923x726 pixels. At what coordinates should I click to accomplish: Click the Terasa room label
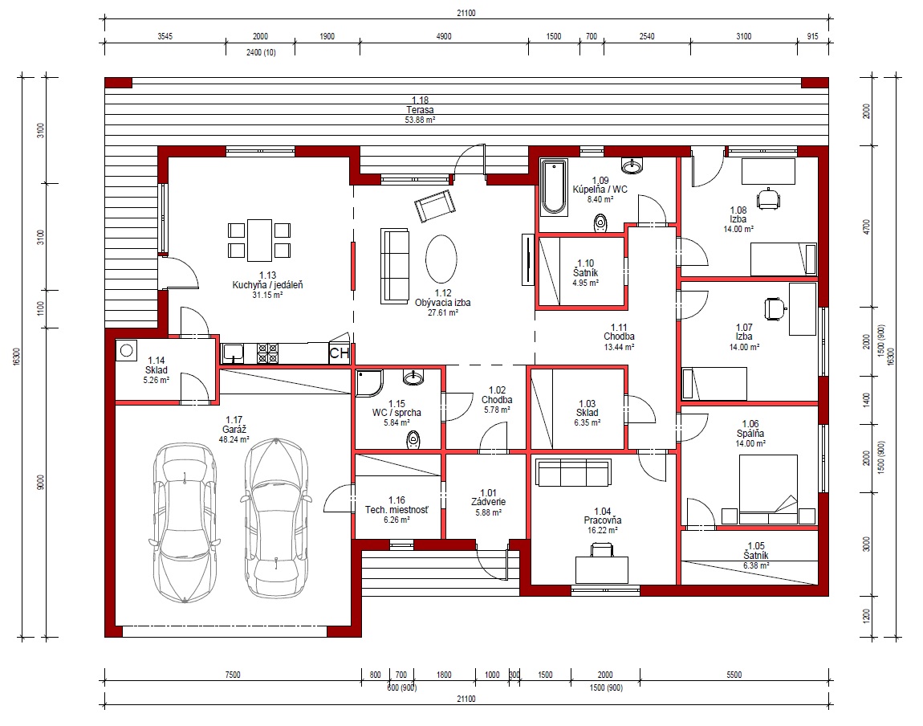point(420,109)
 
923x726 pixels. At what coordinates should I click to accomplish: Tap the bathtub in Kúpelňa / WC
point(553,186)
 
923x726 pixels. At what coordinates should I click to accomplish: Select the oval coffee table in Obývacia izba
point(441,259)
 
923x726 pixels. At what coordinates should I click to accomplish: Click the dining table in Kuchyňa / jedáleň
point(259,240)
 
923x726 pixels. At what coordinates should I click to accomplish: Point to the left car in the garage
point(185,522)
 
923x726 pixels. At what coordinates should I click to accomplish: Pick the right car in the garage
point(275,518)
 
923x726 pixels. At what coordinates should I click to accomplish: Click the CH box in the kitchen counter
point(339,353)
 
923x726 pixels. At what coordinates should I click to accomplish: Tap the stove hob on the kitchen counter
point(267,353)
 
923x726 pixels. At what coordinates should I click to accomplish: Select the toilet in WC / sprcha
point(414,439)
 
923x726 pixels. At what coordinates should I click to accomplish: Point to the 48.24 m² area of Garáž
point(234,439)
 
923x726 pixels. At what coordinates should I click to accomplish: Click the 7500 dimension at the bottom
point(233,675)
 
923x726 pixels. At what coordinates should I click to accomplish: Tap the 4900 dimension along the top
point(444,36)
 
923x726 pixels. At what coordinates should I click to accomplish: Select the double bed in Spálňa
point(768,489)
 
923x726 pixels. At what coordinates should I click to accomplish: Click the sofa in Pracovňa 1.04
point(573,473)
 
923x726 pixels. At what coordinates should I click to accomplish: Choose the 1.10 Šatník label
point(586,272)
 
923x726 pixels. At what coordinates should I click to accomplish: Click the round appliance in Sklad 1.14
point(126,351)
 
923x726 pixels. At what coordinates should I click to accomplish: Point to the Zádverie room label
point(489,502)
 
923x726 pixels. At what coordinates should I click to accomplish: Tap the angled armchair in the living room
point(435,206)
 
